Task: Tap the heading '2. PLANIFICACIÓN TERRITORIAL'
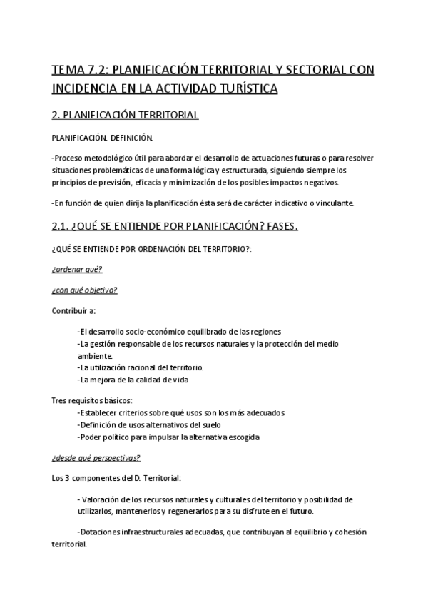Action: click(x=125, y=115)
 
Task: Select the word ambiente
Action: click(x=94, y=355)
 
